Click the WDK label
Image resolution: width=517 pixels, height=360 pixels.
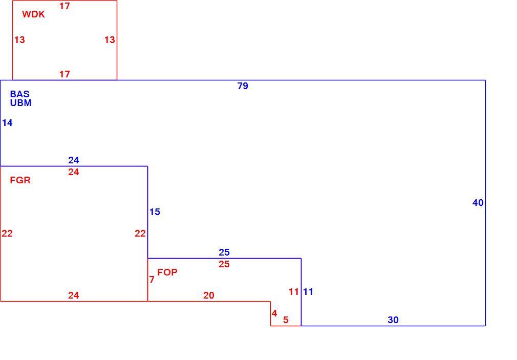pyautogui.click(x=34, y=14)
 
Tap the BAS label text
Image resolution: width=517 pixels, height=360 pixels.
pyautogui.click(x=20, y=94)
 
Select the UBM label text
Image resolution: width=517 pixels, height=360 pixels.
pyautogui.click(x=21, y=103)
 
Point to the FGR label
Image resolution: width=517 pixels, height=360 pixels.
pyautogui.click(x=20, y=180)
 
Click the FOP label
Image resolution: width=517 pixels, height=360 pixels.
pyautogui.click(x=167, y=272)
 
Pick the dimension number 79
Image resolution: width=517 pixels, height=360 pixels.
pyautogui.click(x=243, y=86)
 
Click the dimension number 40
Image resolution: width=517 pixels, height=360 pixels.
pyautogui.click(x=478, y=203)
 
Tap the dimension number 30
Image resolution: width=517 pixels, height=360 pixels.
pyautogui.click(x=393, y=320)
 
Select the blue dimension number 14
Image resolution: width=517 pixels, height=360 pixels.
pyautogui.click(x=7, y=123)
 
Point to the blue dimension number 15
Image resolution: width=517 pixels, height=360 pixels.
pyautogui.click(x=155, y=212)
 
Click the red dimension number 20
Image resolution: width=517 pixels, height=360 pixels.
pyautogui.click(x=209, y=295)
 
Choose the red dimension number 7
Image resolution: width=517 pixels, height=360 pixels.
pyautogui.click(x=152, y=280)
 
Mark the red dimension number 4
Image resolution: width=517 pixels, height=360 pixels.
pyautogui.click(x=274, y=313)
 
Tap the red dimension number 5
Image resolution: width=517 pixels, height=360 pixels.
pyautogui.click(x=286, y=320)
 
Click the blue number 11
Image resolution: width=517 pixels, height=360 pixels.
pyautogui.click(x=308, y=292)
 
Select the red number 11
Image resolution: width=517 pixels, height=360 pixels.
pyautogui.click(x=294, y=292)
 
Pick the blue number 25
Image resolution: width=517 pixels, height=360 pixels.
pyautogui.click(x=224, y=252)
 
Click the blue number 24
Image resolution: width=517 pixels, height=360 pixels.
pyautogui.click(x=74, y=160)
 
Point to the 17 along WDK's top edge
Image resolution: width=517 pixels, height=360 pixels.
pyautogui.click(x=64, y=6)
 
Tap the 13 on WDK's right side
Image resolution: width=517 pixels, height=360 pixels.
pyautogui.click(x=110, y=39)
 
